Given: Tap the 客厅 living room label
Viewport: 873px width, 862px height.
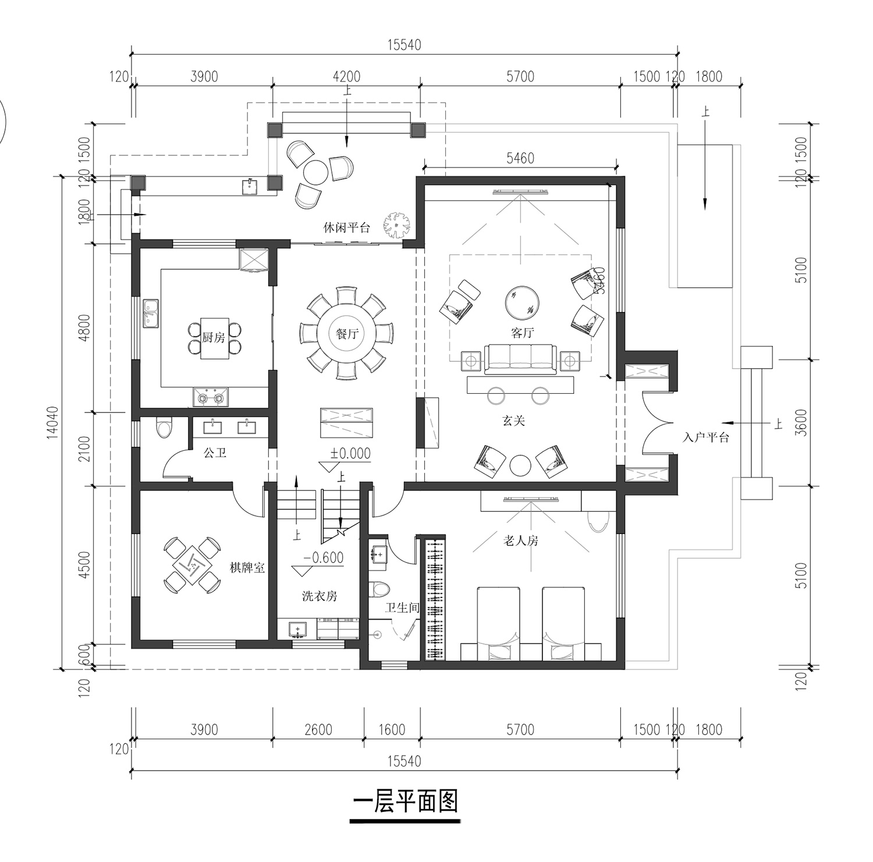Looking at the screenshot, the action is click(522, 333).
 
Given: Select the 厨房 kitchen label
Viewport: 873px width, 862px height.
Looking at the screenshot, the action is click(214, 337).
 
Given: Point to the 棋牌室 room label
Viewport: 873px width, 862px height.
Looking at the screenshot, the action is click(247, 567).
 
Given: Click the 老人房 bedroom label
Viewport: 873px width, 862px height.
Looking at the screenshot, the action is click(521, 540).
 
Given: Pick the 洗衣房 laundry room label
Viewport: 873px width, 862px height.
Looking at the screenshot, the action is click(320, 596).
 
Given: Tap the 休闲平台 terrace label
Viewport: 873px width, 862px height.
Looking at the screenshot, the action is click(347, 227).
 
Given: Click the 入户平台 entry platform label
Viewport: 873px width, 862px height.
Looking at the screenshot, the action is click(705, 437).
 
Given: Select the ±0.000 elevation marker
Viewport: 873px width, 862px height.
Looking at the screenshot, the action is click(350, 453).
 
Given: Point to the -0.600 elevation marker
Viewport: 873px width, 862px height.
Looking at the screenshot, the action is click(324, 558).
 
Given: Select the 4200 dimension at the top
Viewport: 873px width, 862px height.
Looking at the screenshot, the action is click(346, 77).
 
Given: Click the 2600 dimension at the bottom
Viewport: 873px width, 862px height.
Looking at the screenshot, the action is click(318, 729).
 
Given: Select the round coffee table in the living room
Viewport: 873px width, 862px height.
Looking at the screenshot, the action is click(522, 302).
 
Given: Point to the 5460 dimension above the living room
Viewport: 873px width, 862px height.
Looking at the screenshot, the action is click(520, 158).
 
